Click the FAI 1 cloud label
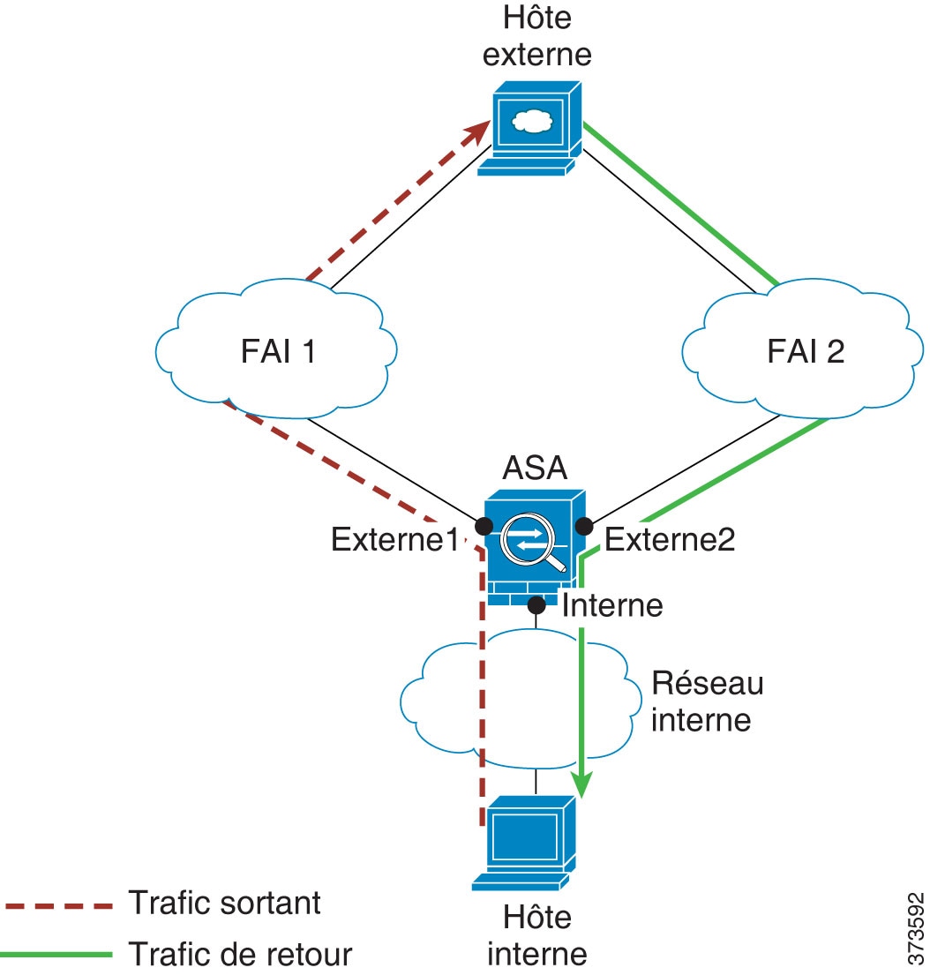[x=277, y=351]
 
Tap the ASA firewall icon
[x=533, y=549]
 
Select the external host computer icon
[x=530, y=129]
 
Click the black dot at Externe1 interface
[x=484, y=526]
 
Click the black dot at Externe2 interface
[x=582, y=527]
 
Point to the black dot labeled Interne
[x=536, y=605]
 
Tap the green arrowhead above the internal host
[x=580, y=782]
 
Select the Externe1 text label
[x=395, y=539]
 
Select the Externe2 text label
[x=670, y=539]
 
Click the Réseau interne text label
[x=707, y=701]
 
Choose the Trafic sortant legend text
[x=224, y=903]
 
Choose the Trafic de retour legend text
[x=240, y=954]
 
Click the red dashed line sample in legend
[x=58, y=906]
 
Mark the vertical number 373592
[x=915, y=926]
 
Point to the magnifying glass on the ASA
[x=534, y=549]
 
